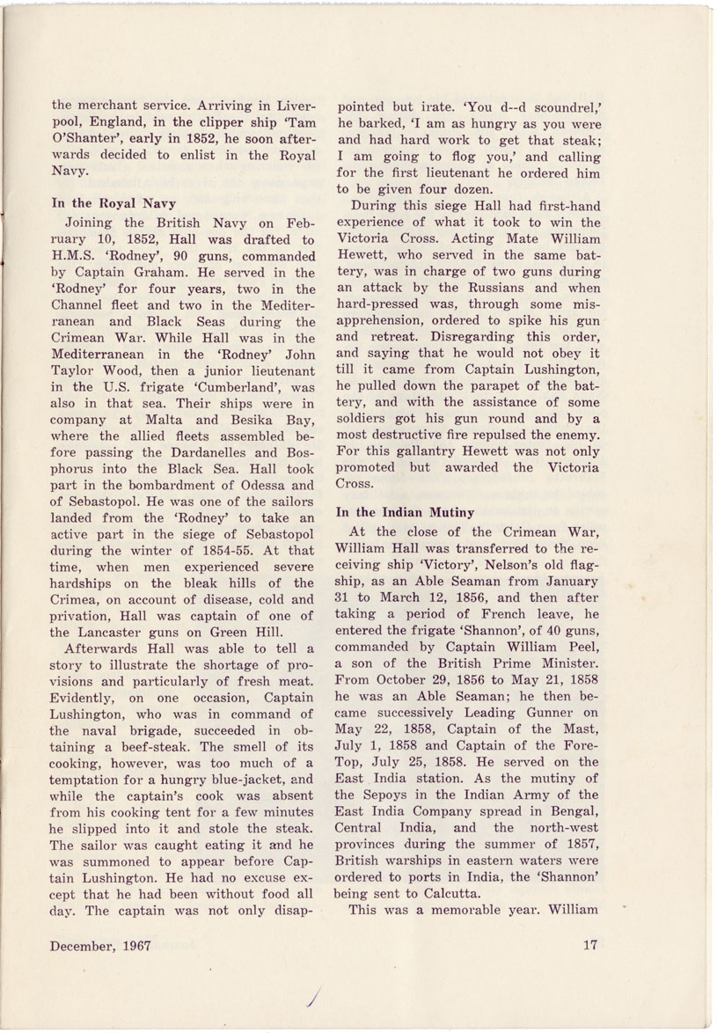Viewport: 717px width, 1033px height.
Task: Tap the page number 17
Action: [590, 946]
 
